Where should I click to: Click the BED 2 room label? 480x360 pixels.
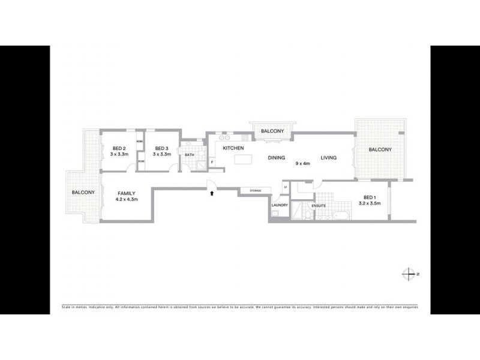click(x=119, y=148)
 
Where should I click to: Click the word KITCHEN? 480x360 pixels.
click(x=233, y=148)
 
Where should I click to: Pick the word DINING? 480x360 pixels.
click(x=277, y=158)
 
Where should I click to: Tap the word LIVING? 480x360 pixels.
click(x=329, y=158)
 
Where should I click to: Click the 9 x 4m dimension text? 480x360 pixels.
click(x=302, y=163)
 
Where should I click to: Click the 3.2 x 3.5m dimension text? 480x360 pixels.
click(x=370, y=203)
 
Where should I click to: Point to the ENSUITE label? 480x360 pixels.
click(x=318, y=206)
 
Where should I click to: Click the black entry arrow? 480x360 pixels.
click(x=212, y=193)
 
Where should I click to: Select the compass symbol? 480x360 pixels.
click(x=409, y=273)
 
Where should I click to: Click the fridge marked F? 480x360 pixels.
click(x=212, y=162)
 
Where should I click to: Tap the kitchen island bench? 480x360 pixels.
click(x=243, y=160)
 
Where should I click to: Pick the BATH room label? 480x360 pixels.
click(x=190, y=155)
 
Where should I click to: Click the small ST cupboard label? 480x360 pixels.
click(x=286, y=188)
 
